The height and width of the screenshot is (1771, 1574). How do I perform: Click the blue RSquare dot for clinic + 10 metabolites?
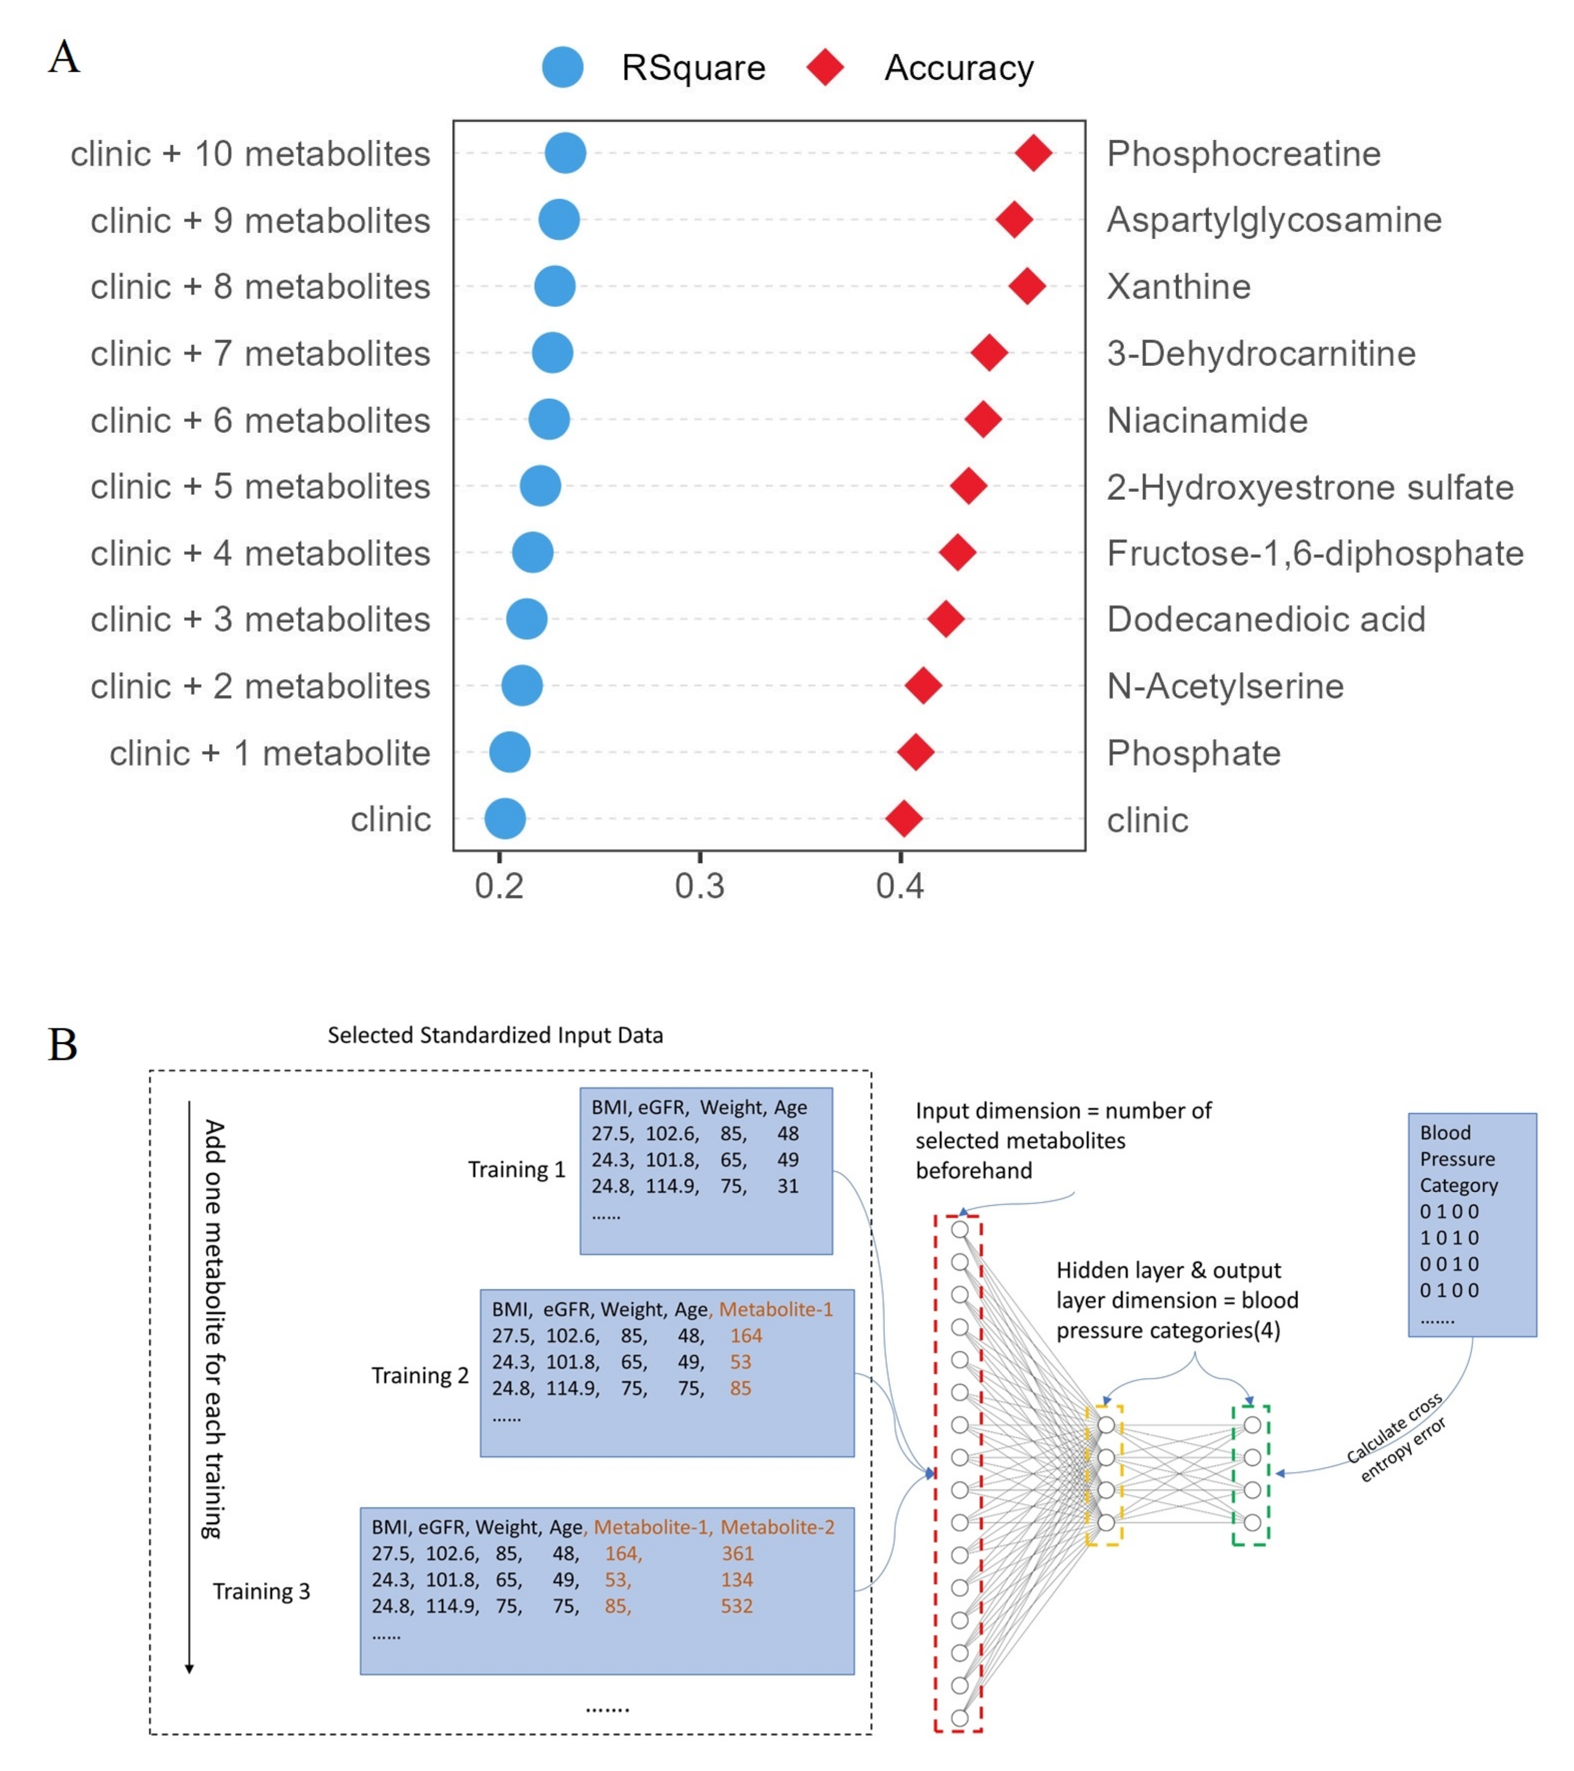tap(565, 153)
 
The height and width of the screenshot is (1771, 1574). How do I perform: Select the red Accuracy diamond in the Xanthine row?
tap(1027, 286)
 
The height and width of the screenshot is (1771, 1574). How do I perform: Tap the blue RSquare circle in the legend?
tap(562, 67)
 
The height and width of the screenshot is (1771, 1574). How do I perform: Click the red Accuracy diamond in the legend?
tap(825, 67)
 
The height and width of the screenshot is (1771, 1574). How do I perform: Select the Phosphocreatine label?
tap(1243, 153)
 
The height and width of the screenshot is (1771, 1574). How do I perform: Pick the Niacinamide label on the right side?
tap(1207, 420)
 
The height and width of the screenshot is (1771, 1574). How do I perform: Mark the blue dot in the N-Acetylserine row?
tap(521, 685)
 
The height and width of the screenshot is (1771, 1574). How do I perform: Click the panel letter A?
tap(63, 58)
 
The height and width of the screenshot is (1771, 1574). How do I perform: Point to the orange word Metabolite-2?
tap(777, 1527)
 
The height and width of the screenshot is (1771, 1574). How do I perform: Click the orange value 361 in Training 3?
tap(737, 1554)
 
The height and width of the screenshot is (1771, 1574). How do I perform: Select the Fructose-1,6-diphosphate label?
tap(1314, 553)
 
